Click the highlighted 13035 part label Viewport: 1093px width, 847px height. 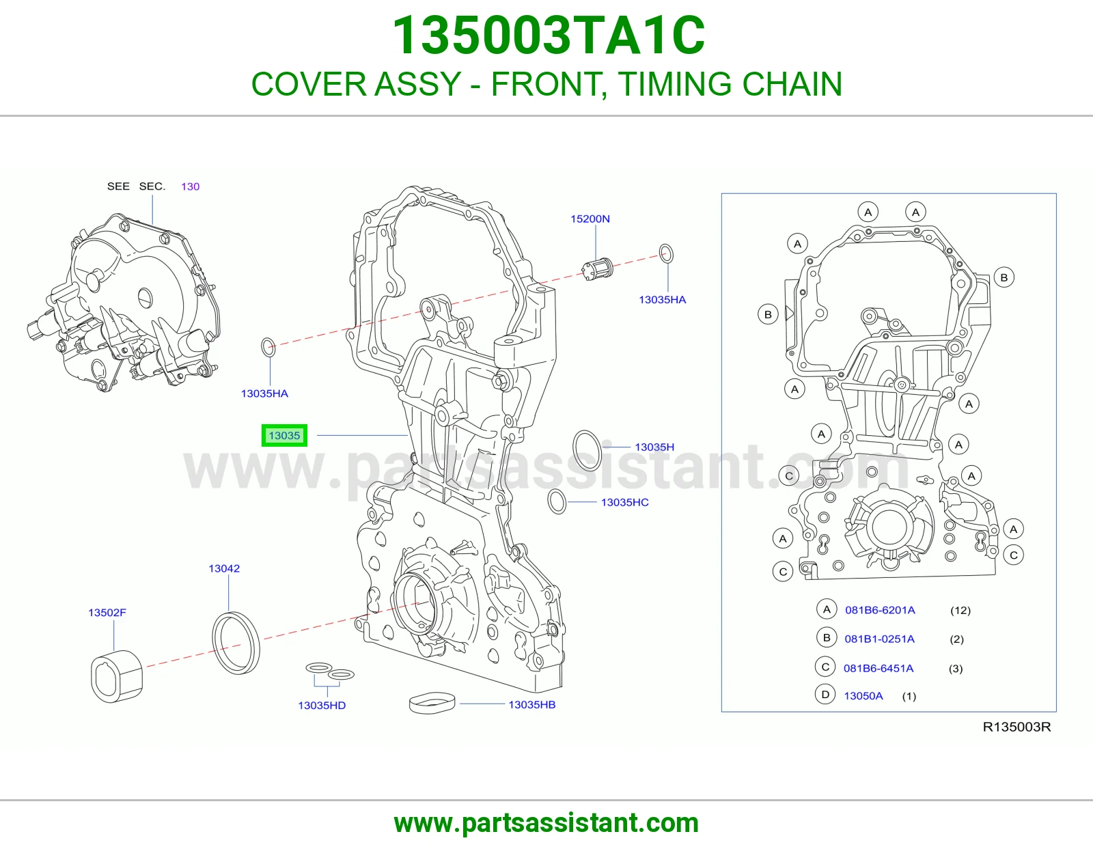tap(284, 436)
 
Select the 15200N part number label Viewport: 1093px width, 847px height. tap(590, 219)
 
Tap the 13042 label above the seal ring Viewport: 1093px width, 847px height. tap(224, 568)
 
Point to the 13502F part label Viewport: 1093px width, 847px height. tap(107, 613)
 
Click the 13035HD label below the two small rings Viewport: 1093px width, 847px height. tap(322, 705)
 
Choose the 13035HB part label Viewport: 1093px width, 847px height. tap(532, 705)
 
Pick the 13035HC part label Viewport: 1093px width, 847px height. tap(624, 502)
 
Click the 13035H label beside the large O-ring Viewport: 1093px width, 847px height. tap(654, 447)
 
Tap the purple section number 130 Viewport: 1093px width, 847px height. tap(190, 186)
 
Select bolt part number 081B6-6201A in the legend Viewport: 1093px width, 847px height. tap(881, 610)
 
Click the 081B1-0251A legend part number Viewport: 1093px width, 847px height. tap(880, 639)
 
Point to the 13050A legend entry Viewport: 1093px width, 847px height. tap(863, 695)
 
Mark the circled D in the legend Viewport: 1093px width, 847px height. tap(825, 695)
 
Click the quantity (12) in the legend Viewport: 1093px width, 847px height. tap(960, 610)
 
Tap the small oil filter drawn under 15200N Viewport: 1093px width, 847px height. tap(597, 269)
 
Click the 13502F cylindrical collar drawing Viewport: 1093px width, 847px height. tap(117, 676)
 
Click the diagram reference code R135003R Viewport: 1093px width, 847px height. tap(1016, 727)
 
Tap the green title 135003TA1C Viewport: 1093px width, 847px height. tap(549, 36)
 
